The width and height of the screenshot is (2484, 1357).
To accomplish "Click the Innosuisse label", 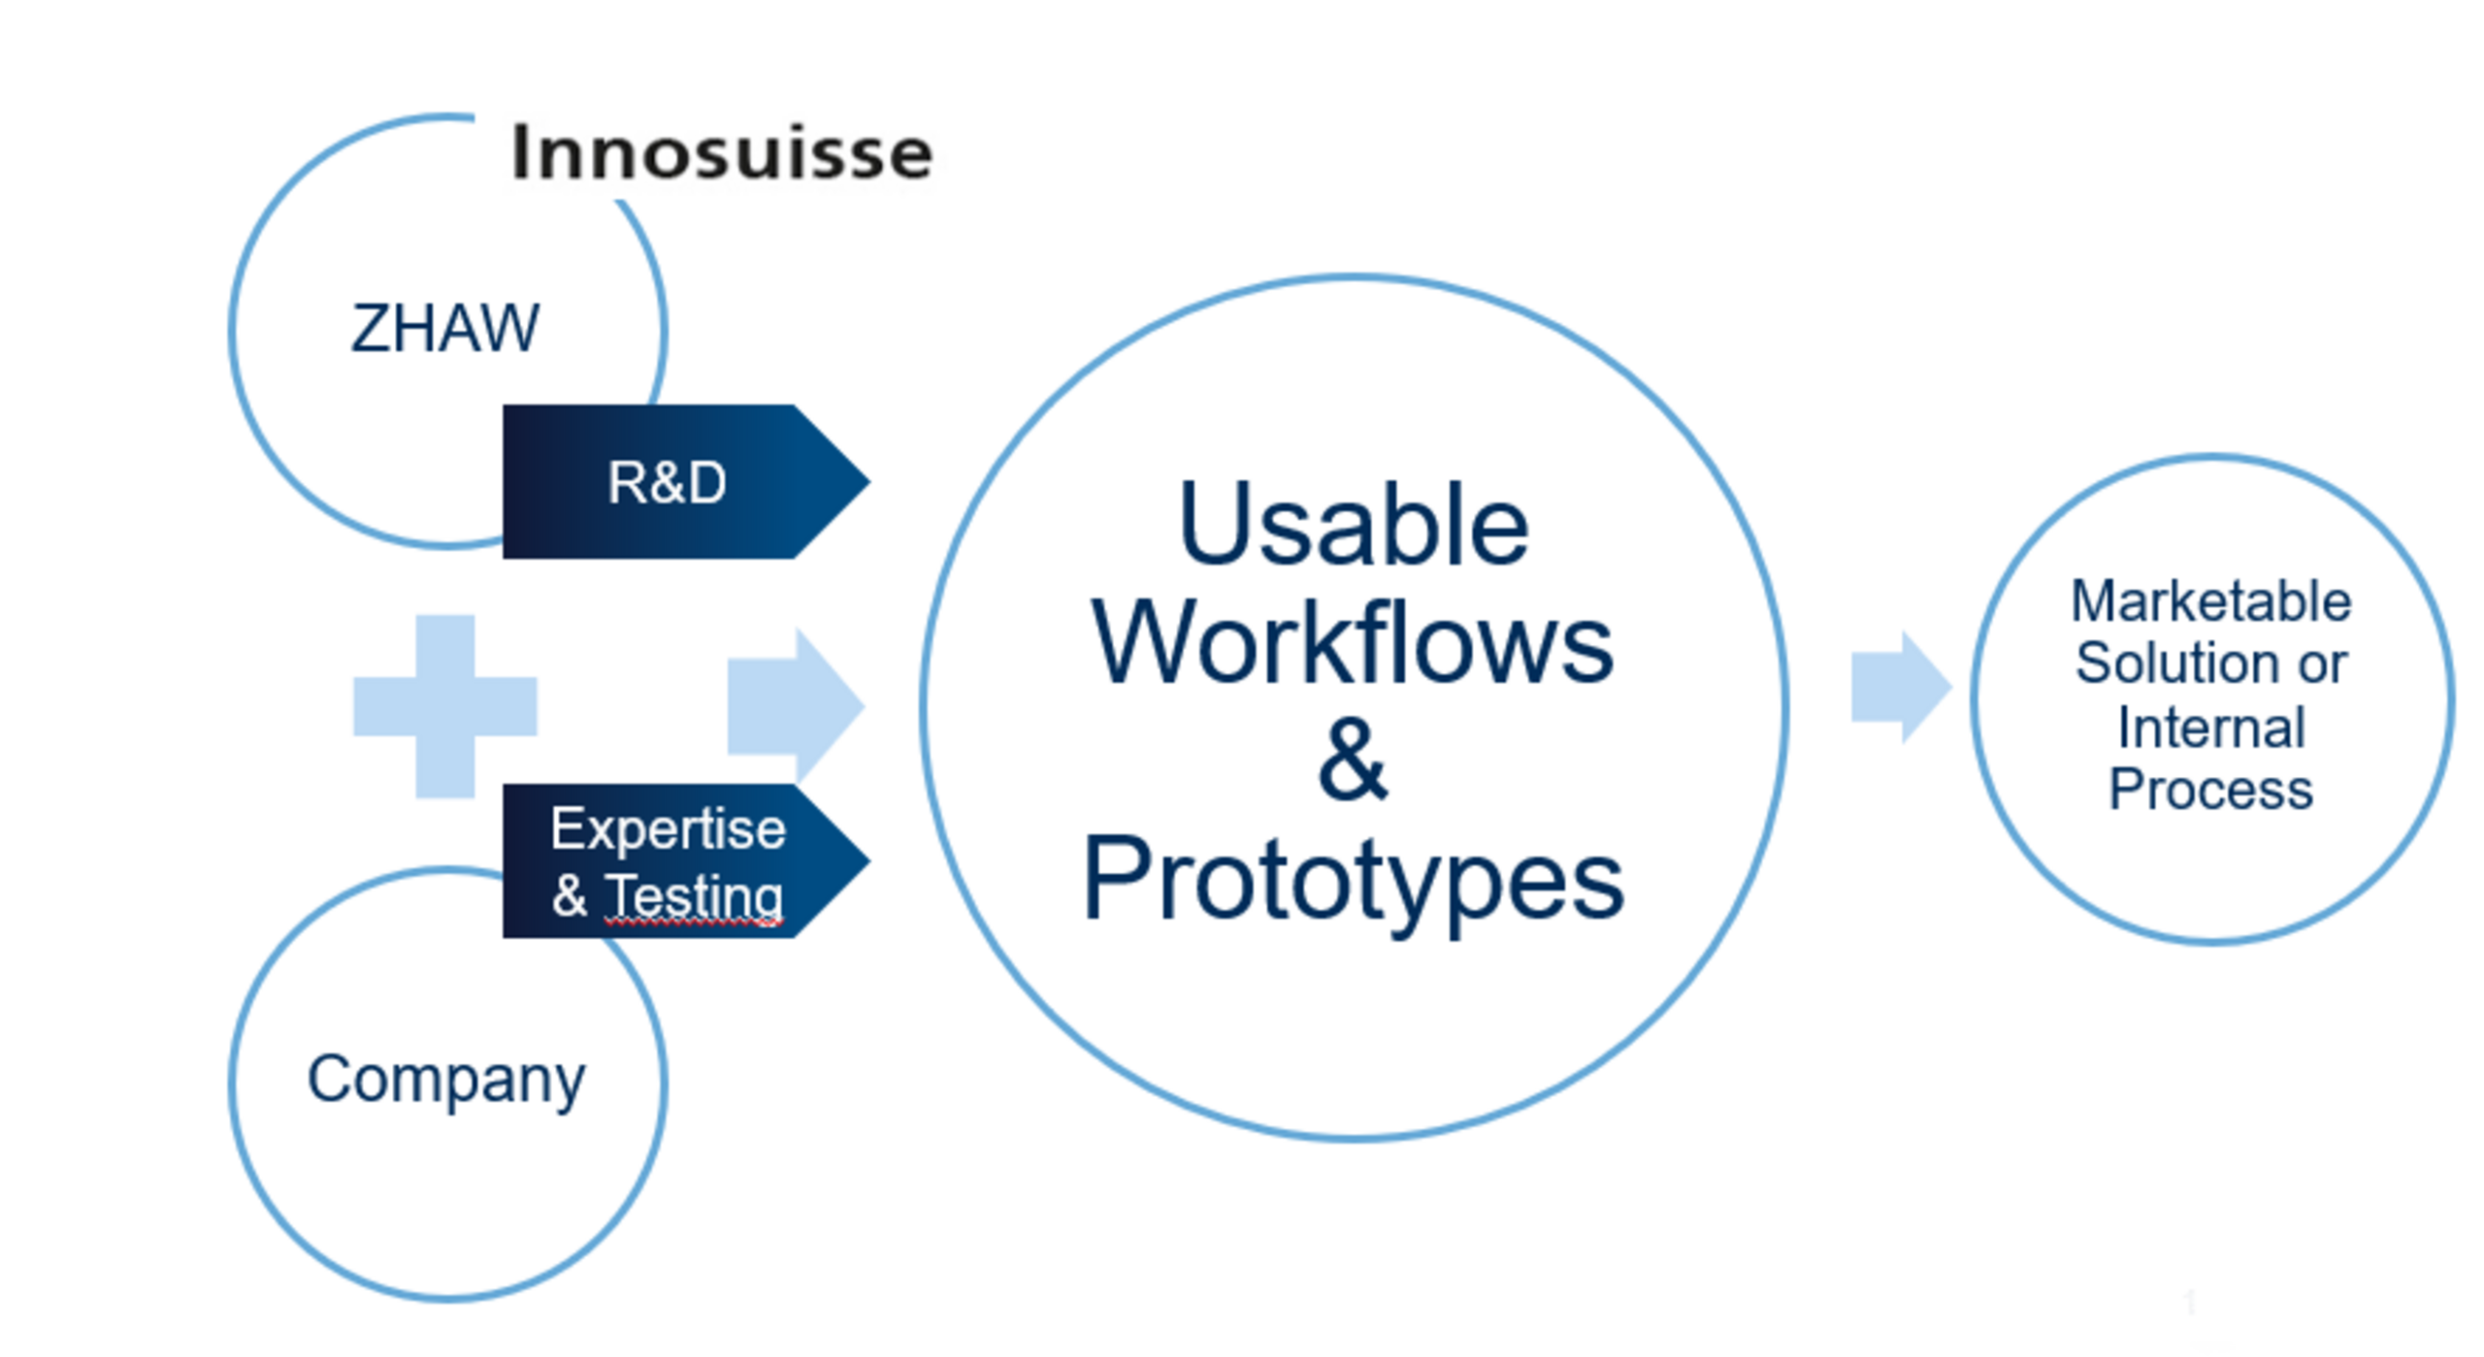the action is click(721, 152).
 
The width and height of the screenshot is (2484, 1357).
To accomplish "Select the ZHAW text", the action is click(444, 328).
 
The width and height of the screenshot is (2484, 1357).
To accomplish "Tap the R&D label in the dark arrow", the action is click(667, 482).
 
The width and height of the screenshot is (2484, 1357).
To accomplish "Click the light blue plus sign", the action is click(445, 706).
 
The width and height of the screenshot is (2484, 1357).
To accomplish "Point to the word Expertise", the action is click(668, 830).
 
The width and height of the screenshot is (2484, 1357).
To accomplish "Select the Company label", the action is click(446, 1080).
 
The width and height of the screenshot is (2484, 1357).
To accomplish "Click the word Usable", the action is click(1354, 525).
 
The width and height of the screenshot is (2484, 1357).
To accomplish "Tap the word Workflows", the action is click(1353, 643).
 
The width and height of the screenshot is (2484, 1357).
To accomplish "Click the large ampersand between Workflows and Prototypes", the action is click(1353, 759).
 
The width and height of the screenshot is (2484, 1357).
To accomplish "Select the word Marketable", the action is click(2211, 600).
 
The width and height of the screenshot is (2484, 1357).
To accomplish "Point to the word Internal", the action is click(2211, 727).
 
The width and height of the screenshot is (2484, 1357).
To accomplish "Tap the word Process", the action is click(2211, 790).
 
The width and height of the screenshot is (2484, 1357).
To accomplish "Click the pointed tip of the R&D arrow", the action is click(869, 481).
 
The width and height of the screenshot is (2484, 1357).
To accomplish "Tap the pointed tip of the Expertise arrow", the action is click(869, 860).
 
